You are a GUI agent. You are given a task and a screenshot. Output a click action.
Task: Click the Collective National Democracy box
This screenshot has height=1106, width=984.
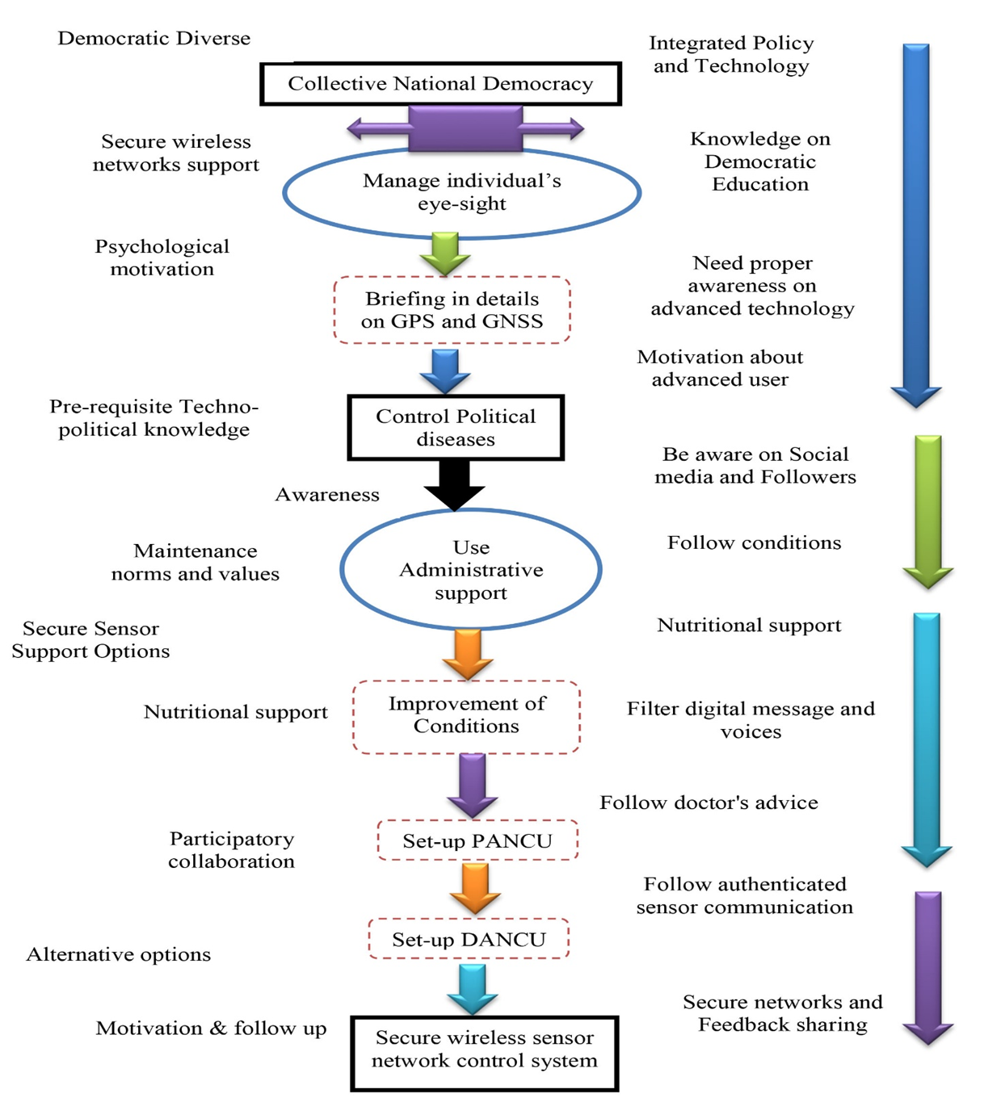click(x=440, y=84)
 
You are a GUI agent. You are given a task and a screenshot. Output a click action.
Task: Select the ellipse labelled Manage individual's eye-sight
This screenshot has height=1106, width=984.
click(x=461, y=193)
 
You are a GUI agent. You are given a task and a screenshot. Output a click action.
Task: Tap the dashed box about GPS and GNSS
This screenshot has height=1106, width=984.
click(x=452, y=310)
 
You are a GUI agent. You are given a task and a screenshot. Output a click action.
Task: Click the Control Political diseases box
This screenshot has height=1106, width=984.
click(x=456, y=428)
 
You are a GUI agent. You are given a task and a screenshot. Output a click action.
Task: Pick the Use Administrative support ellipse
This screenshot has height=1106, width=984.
click(x=471, y=570)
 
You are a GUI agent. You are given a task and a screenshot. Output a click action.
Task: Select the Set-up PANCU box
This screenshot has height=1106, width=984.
click(x=477, y=840)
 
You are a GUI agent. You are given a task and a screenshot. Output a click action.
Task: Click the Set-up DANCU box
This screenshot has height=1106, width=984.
click(x=469, y=939)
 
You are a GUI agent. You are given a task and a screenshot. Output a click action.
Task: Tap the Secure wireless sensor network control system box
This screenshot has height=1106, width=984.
click(x=485, y=1053)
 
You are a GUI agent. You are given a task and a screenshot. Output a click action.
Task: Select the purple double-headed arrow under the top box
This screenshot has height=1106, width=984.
click(x=465, y=128)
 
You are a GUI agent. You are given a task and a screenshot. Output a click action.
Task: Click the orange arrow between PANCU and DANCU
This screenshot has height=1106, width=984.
click(x=475, y=888)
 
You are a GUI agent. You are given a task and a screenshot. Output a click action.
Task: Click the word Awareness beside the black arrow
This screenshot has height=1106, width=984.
click(x=327, y=495)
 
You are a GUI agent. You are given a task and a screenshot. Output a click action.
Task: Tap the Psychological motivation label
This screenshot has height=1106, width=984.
click(x=162, y=258)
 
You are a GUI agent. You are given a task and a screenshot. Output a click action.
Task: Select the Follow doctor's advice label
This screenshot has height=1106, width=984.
click(x=709, y=802)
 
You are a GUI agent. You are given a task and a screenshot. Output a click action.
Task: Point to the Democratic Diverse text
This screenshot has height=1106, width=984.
click(x=153, y=39)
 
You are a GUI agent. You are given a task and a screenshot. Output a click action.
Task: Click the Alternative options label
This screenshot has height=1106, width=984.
click(x=119, y=954)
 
